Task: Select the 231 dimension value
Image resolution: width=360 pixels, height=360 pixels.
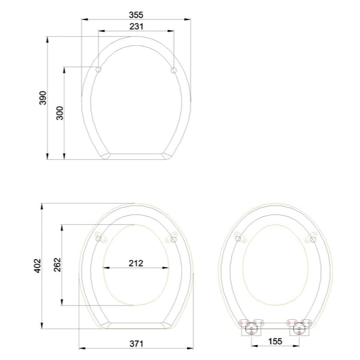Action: point(136,26)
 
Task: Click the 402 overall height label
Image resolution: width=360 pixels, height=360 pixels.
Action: point(37,265)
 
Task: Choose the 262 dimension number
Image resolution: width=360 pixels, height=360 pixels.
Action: point(57,265)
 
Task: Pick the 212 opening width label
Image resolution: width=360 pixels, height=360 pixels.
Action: point(136,264)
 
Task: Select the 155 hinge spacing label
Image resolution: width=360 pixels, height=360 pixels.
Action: point(275,342)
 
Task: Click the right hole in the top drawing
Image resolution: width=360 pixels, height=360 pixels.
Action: point(174,70)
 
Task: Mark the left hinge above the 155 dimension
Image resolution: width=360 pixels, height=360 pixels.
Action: point(250,328)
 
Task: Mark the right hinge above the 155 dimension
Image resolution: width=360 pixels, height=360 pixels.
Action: point(299,328)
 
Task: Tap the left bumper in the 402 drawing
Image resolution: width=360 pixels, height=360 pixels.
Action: point(100,238)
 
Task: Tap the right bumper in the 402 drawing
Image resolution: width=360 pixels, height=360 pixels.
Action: point(172,238)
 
